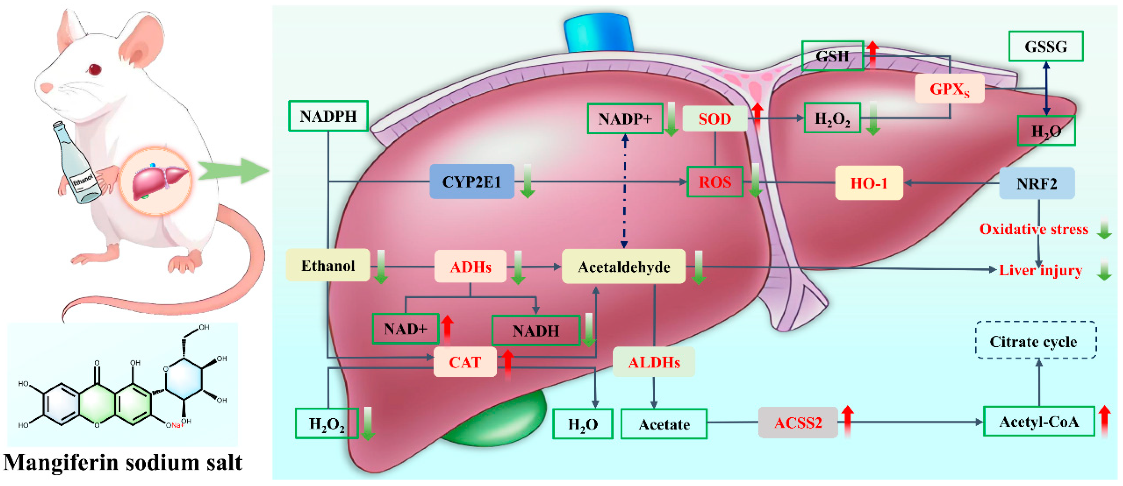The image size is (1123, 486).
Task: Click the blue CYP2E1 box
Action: [472, 181]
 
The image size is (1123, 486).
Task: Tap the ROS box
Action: [715, 181]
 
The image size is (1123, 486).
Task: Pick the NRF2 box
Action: [1037, 183]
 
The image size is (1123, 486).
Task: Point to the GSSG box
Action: [1045, 46]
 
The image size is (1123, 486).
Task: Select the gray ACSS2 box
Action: [798, 422]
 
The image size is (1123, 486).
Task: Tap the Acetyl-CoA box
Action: [1038, 421]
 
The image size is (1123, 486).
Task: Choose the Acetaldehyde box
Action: [623, 267]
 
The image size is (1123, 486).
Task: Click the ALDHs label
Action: [653, 362]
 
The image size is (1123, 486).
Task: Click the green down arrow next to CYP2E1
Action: [527, 181]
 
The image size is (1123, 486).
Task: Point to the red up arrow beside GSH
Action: [872, 54]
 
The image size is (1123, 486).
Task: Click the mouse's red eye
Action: [95, 69]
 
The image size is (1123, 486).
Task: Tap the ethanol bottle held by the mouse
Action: [77, 163]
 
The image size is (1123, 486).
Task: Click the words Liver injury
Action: [1040, 270]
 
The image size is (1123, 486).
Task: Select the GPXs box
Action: [949, 89]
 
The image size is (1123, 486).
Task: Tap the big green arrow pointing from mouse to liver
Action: [233, 170]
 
